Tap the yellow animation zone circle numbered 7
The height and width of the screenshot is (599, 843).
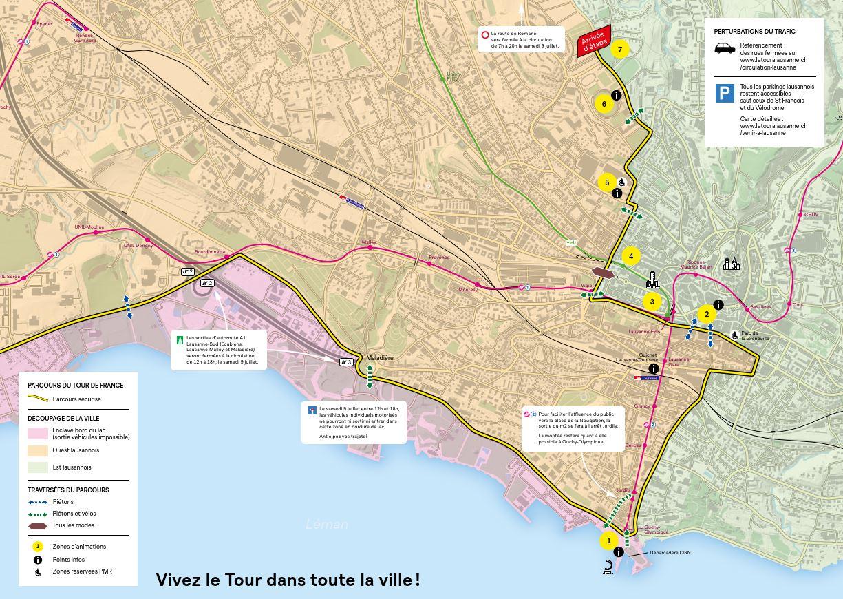coord(620,50)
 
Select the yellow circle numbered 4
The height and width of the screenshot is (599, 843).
coord(631,256)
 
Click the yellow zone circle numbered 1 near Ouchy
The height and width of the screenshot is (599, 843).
coord(608,541)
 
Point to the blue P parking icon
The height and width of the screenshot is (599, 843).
coord(725,93)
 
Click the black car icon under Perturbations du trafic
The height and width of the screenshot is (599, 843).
coord(725,48)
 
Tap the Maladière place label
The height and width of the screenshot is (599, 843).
coord(380,358)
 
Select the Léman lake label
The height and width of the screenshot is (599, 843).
coord(327,525)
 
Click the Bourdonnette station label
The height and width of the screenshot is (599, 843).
coord(210,252)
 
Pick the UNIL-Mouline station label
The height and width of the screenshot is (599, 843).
coord(89,227)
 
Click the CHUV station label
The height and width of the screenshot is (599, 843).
coord(812,215)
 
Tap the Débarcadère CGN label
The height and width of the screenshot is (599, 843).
coord(670,553)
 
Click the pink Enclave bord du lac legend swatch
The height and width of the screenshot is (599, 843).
coord(38,434)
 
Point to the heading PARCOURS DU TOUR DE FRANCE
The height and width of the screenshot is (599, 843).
coord(76,386)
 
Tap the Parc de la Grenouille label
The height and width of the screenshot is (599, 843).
coord(754,336)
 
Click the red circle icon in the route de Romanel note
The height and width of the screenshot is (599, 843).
coord(484,34)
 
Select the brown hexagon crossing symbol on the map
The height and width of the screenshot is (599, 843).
coord(602,273)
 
